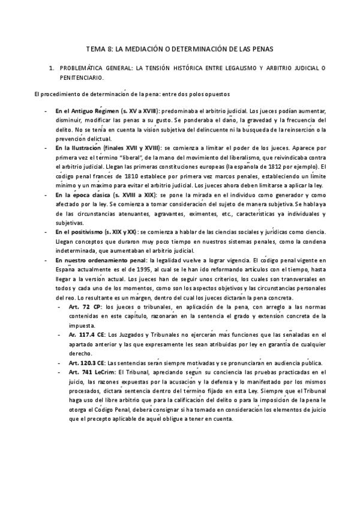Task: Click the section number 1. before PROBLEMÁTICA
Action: (x=52, y=69)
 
